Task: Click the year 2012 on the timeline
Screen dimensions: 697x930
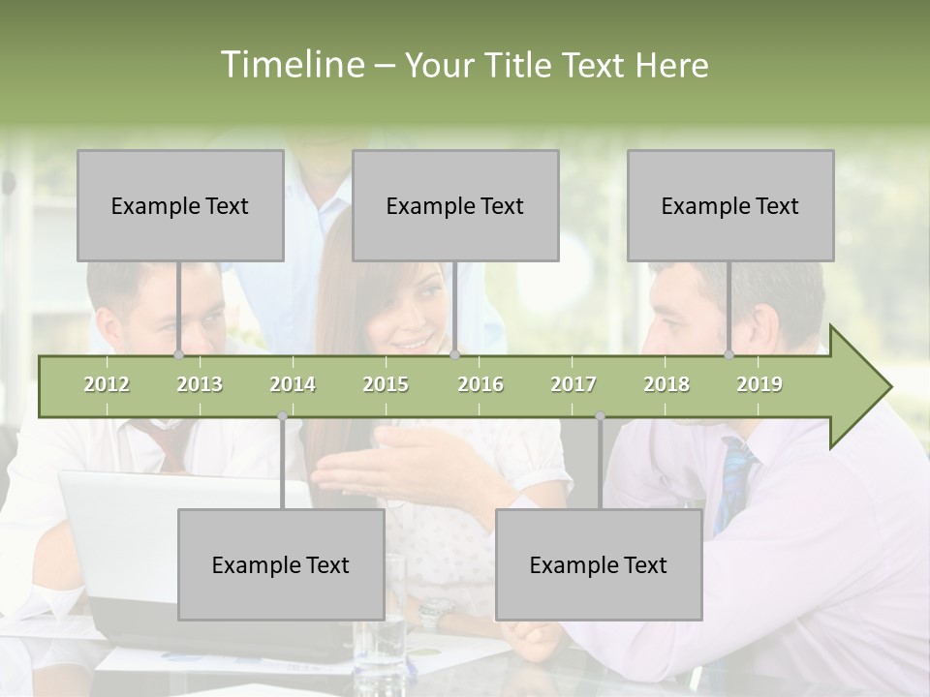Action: coord(107,385)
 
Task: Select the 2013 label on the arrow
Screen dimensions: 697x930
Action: coord(200,385)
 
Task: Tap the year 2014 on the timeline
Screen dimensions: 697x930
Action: coord(293,385)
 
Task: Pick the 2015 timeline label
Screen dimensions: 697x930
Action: coord(386,385)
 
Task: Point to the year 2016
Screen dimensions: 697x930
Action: coord(480,385)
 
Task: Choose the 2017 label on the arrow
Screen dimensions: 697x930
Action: coord(573,385)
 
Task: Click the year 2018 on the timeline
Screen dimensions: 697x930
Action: coord(666,385)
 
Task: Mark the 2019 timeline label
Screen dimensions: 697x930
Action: coord(759,385)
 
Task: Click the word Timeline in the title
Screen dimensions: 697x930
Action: coord(290,65)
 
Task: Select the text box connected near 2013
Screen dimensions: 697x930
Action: coord(180,205)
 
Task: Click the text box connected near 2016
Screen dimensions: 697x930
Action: coord(455,205)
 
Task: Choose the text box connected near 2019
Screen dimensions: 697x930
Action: coord(730,205)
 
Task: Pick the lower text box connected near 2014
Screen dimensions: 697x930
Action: coord(281,564)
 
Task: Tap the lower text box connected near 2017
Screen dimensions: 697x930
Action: coord(599,564)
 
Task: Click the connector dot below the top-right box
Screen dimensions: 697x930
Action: coord(729,355)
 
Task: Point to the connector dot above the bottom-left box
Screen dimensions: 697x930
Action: coord(282,416)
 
